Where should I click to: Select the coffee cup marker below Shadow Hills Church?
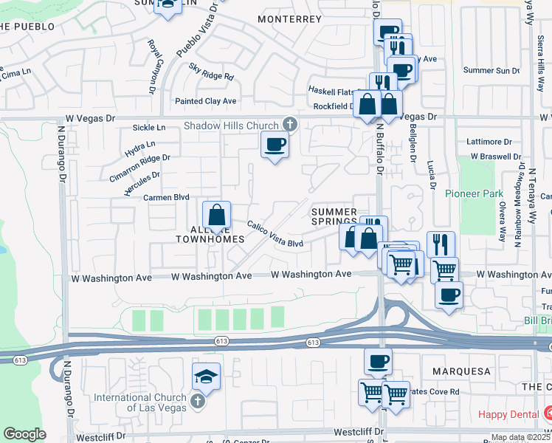(x=275, y=145)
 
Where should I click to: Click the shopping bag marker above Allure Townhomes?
(x=217, y=216)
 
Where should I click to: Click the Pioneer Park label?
(x=474, y=193)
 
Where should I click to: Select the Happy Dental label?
(x=508, y=414)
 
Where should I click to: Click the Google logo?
(x=24, y=434)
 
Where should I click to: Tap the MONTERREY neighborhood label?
(x=290, y=18)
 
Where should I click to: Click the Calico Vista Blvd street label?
(x=275, y=234)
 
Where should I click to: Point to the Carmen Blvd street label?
(x=166, y=197)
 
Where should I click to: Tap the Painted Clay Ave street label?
(x=205, y=101)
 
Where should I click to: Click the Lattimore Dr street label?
(x=489, y=141)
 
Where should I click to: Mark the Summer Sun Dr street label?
(x=491, y=70)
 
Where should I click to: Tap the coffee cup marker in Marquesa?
(x=378, y=362)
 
